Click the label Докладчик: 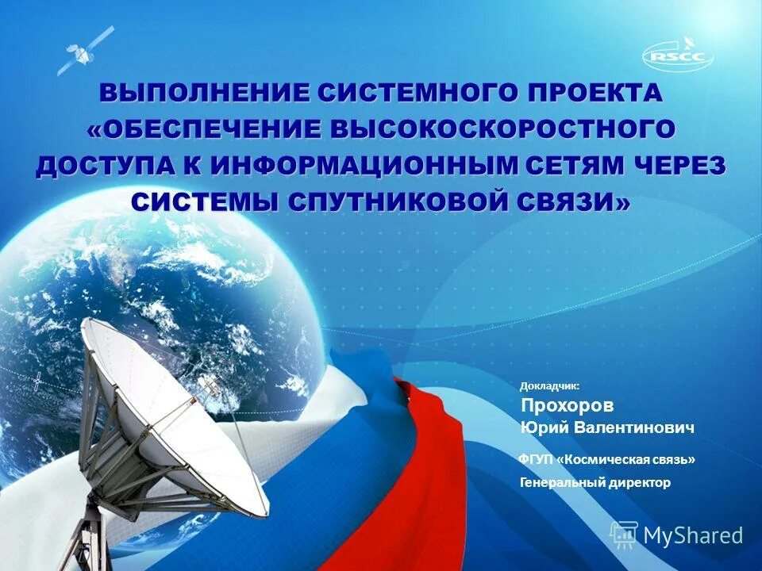[x=549, y=386]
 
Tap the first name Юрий [x=540, y=428]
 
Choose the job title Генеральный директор [x=595, y=482]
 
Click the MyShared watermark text [x=692, y=535]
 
